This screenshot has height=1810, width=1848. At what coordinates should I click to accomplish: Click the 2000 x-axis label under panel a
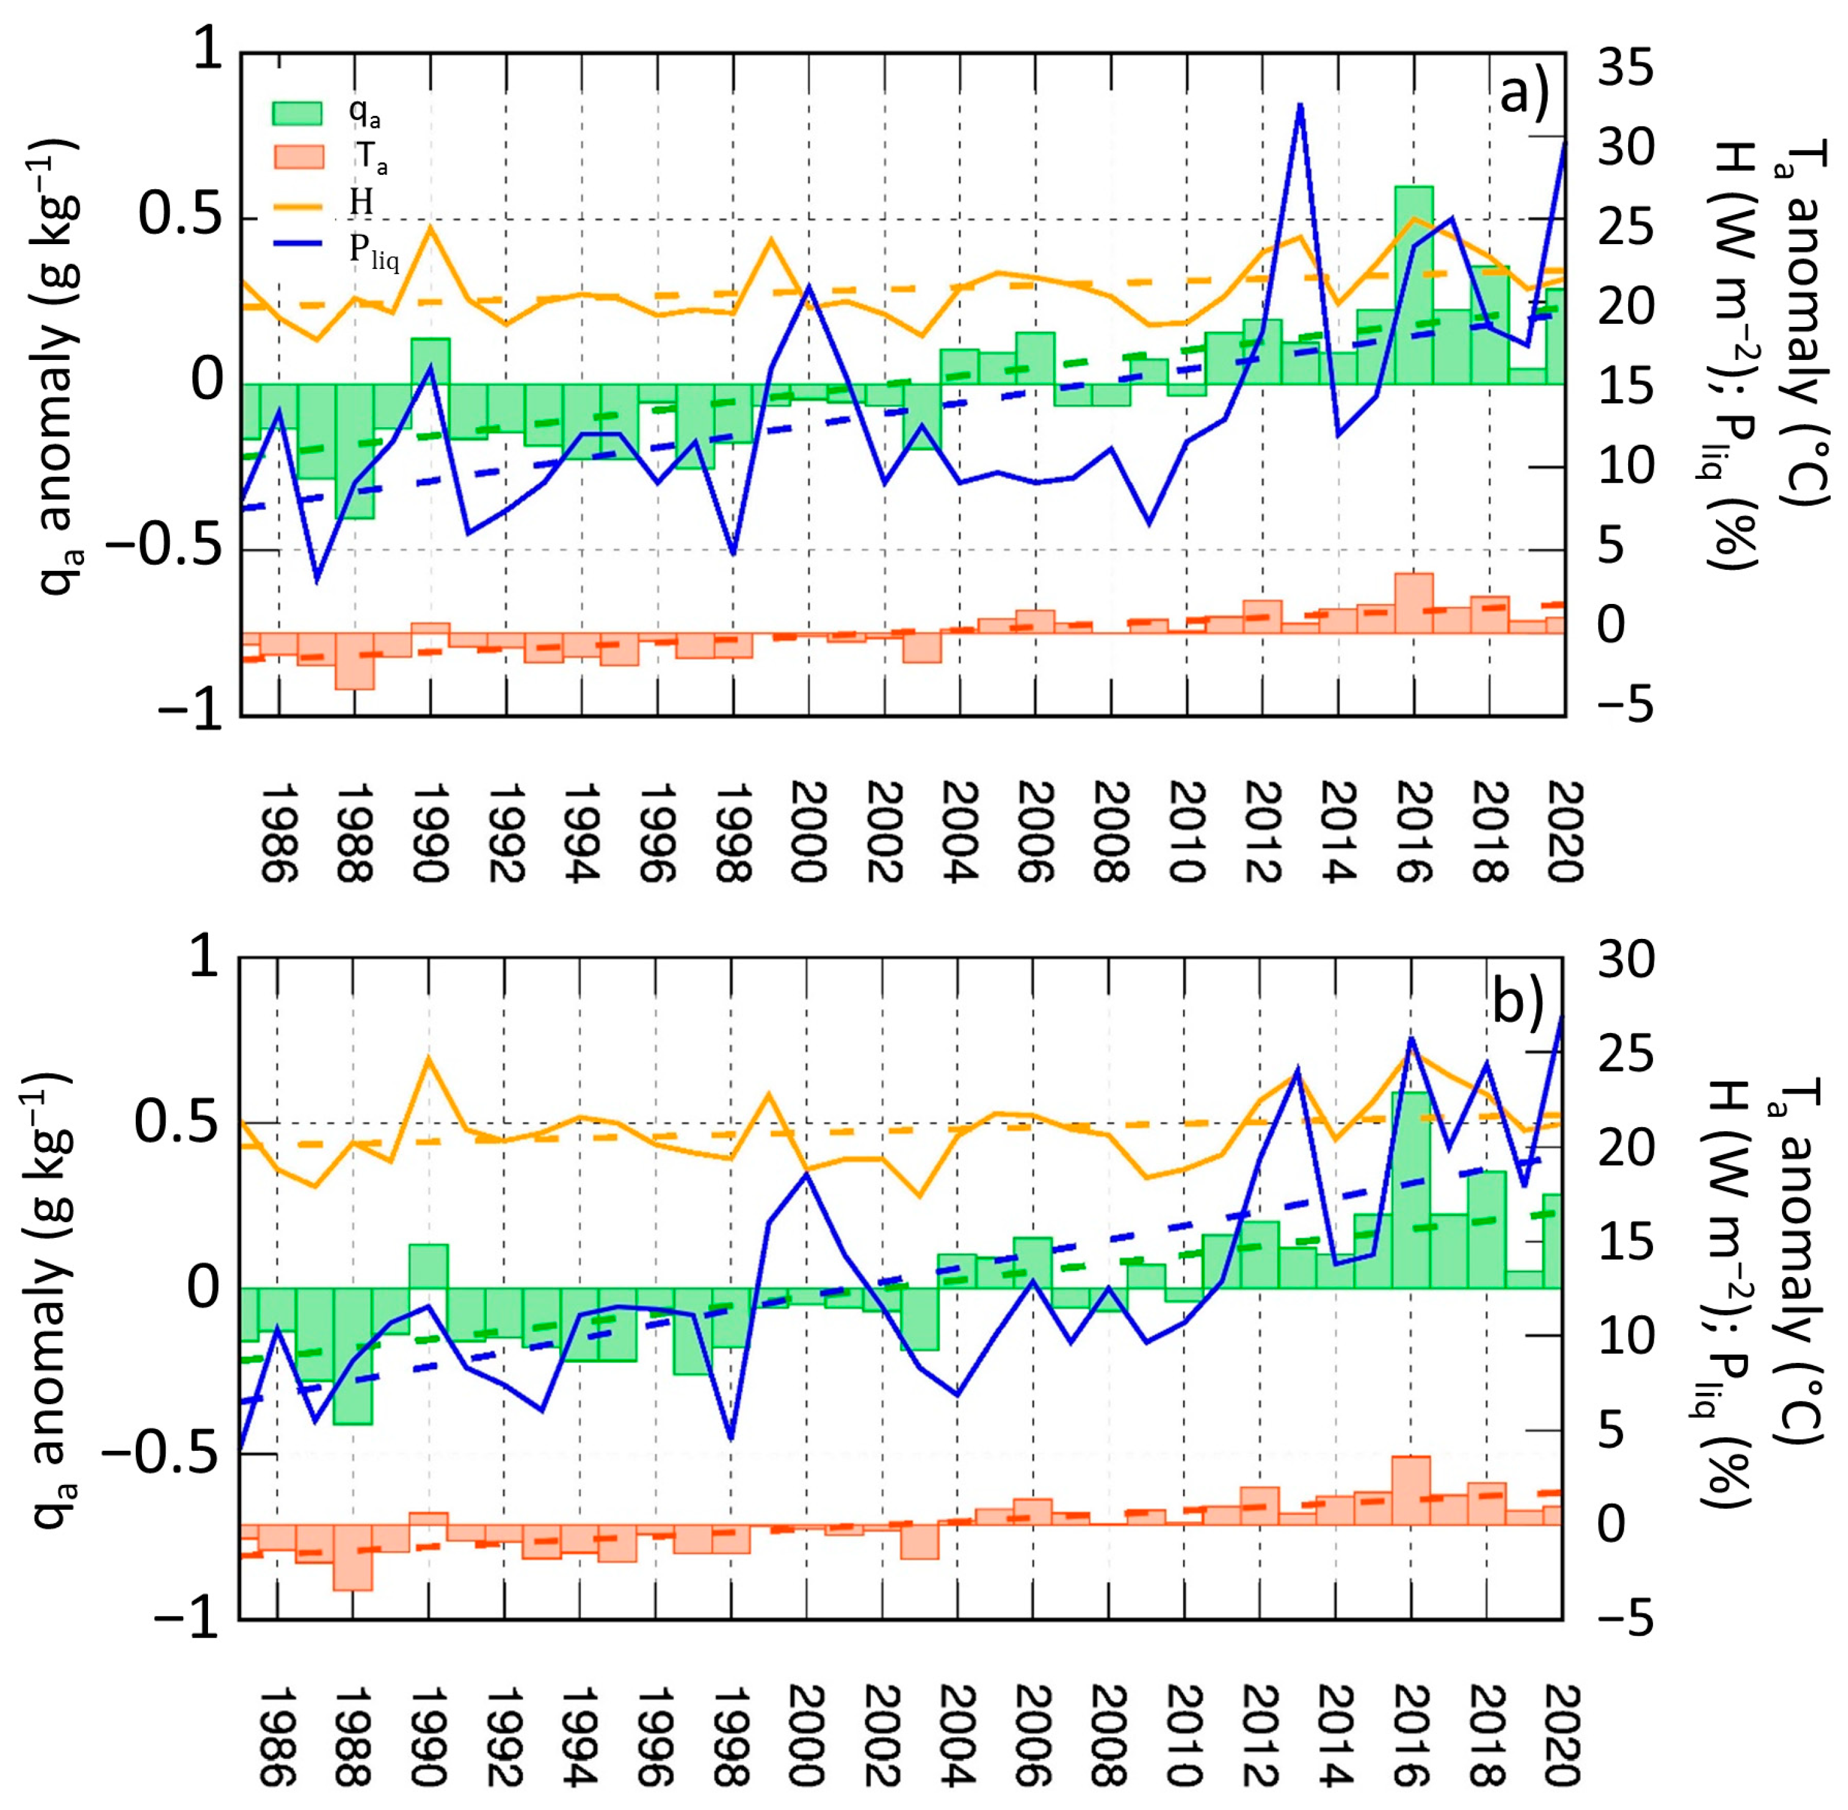point(809,832)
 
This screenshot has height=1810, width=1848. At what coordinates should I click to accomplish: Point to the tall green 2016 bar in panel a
point(1413,285)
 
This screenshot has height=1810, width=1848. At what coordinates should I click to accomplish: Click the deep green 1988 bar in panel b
point(352,1357)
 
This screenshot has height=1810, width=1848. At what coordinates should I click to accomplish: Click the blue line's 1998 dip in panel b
point(731,1438)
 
